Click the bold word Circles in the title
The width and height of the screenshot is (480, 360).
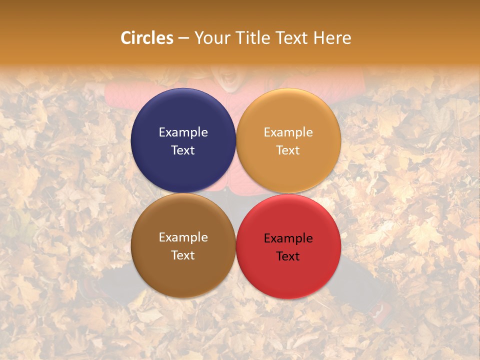147,38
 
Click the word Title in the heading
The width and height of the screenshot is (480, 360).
252,38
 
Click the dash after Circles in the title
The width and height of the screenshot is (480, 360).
183,38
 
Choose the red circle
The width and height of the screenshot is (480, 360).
288,275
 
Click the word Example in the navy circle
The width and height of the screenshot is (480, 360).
183,132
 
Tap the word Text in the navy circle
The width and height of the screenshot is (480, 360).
183,150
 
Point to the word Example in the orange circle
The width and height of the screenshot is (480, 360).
288,132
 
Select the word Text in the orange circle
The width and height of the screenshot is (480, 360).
288,150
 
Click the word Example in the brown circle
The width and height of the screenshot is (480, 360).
183,237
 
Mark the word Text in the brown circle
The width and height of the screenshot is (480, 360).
183,255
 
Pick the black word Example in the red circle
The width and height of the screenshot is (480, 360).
288,238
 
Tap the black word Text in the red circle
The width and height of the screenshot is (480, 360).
288,256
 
